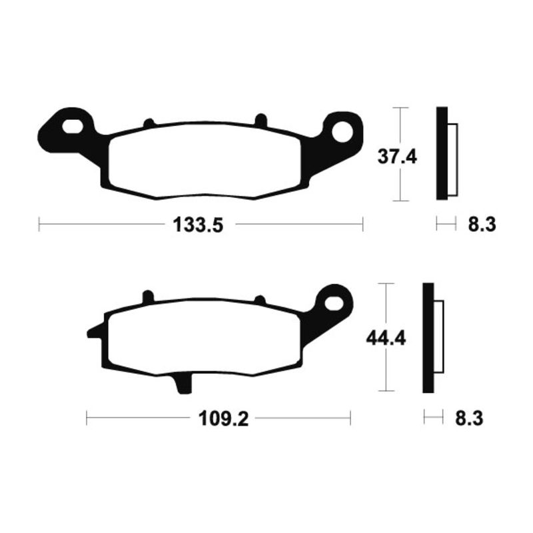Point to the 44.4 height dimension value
[384, 338]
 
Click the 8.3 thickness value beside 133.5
[482, 225]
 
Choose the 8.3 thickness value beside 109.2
[468, 419]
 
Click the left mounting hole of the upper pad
[73, 126]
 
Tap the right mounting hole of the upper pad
[344, 130]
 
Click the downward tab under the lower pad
[181, 382]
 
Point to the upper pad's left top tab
[149, 123]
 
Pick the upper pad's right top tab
[261, 120]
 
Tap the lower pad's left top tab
[148, 296]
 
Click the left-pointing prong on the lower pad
[93, 332]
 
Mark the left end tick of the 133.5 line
[39, 225]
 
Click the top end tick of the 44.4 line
[386, 284]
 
